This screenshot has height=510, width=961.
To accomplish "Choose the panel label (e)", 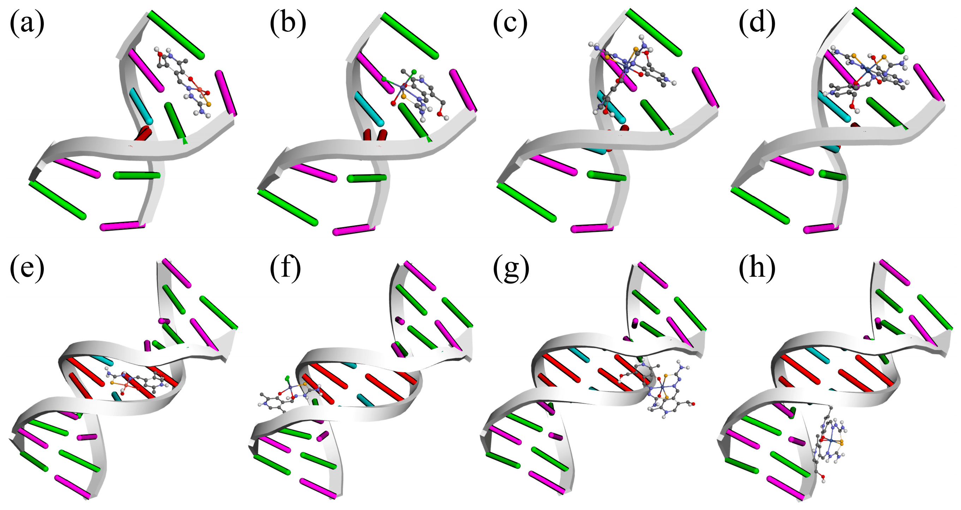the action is [x=27, y=268].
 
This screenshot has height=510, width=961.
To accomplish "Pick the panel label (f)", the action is [x=285, y=268].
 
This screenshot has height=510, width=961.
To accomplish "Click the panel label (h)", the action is [x=757, y=268].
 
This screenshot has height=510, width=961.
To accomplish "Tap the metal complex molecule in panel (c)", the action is [x=630, y=71].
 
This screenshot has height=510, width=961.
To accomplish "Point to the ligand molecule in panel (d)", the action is [x=865, y=74].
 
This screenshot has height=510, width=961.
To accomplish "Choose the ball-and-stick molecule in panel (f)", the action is [x=291, y=394].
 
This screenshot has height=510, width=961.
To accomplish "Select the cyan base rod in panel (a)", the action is [x=141, y=106].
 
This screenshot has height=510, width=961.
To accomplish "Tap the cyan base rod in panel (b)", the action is [x=368, y=108].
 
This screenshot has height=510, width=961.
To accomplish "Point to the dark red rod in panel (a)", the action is [x=143, y=133].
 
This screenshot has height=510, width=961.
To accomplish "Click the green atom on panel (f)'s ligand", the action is [x=287, y=378].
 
